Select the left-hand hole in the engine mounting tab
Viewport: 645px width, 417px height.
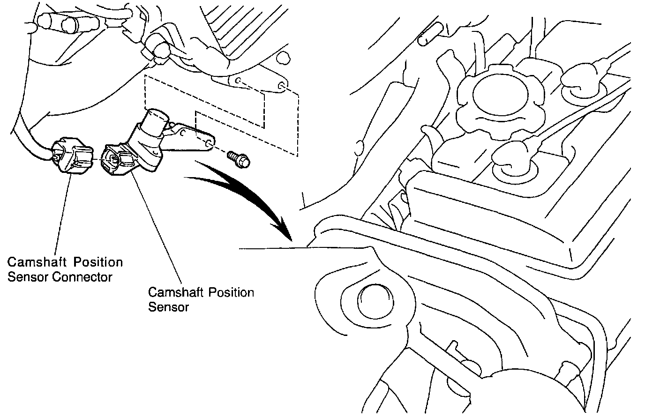(x=238, y=82)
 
